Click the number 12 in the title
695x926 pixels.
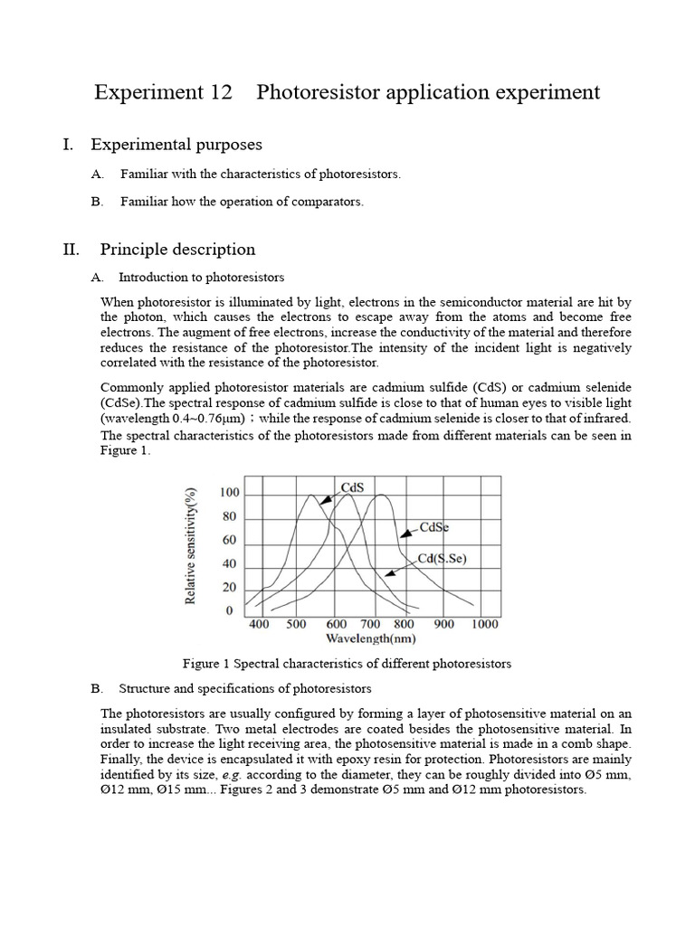(x=217, y=92)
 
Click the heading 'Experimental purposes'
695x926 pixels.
(x=176, y=145)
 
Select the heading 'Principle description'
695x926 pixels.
(x=177, y=250)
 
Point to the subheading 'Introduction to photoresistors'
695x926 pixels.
(x=201, y=278)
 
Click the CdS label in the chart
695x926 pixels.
(x=352, y=487)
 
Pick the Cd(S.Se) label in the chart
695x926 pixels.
(x=443, y=559)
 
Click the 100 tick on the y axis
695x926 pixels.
(x=230, y=494)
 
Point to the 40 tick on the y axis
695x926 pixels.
(x=230, y=564)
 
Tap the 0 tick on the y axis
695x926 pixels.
(x=230, y=611)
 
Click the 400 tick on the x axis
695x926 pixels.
(x=259, y=624)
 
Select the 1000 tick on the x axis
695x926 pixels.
(x=484, y=624)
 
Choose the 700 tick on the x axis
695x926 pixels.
(x=370, y=624)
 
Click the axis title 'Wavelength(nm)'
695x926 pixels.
(x=370, y=638)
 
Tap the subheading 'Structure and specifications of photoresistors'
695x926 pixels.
(x=244, y=688)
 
